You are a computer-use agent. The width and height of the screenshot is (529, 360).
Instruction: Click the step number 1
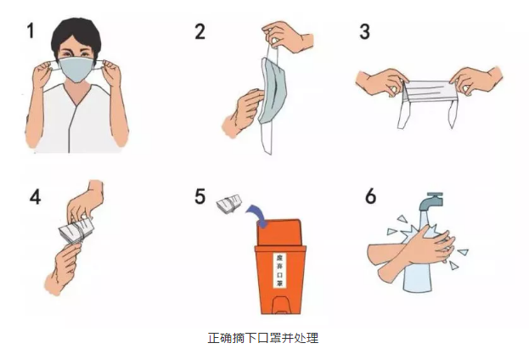click(x=31, y=31)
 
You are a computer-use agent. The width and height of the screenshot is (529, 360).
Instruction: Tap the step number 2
click(x=200, y=31)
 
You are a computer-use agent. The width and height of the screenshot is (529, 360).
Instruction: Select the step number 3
click(x=365, y=31)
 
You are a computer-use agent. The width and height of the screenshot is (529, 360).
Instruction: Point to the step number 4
click(x=35, y=196)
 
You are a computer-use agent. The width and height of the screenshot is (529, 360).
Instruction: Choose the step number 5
click(x=200, y=196)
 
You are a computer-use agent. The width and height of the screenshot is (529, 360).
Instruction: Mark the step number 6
click(x=370, y=196)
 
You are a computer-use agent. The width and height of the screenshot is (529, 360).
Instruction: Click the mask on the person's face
click(x=77, y=69)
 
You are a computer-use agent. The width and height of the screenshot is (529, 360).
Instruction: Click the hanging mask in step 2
click(x=273, y=91)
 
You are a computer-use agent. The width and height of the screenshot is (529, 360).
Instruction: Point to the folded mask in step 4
click(x=76, y=230)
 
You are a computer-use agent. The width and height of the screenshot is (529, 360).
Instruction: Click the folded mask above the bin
click(x=229, y=204)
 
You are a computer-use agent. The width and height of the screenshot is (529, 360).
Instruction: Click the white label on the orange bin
click(x=280, y=270)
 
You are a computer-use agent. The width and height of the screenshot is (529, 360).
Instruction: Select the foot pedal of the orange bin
click(x=280, y=305)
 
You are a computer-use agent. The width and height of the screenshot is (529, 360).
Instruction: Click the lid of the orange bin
click(x=279, y=232)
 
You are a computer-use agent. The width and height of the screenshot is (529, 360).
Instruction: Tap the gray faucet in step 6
click(x=431, y=201)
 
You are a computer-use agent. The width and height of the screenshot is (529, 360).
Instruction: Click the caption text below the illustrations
click(x=263, y=338)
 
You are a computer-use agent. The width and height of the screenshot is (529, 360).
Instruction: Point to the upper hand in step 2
click(x=288, y=37)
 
